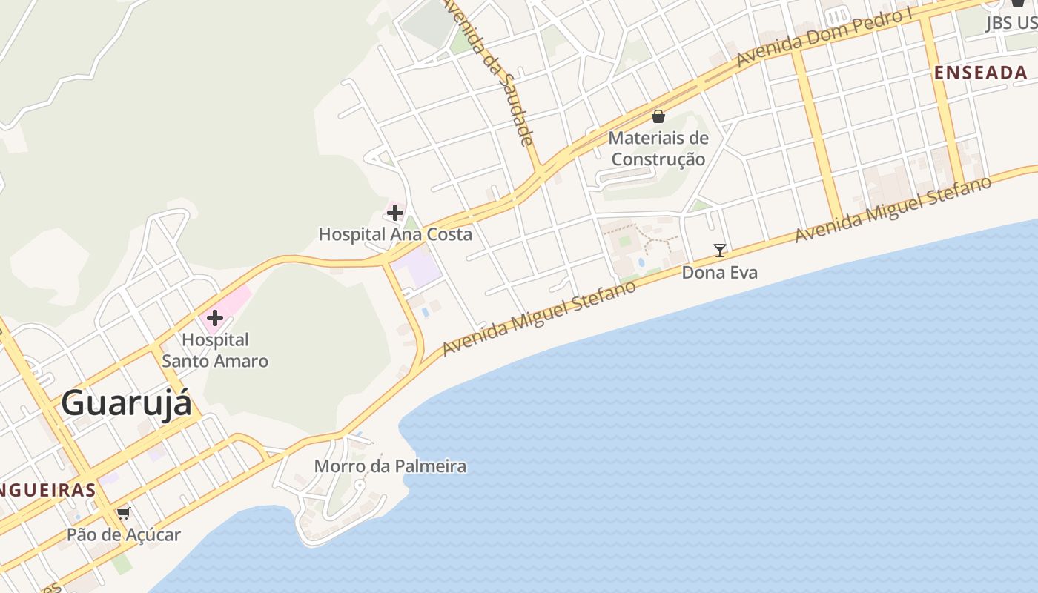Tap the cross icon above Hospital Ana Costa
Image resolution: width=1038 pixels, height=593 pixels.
point(395,213)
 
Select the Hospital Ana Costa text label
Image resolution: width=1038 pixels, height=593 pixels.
point(395,234)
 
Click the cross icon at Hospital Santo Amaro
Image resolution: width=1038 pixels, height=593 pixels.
point(215,319)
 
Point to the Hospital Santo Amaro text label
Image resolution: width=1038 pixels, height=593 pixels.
point(215,351)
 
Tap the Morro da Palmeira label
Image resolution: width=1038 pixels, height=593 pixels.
point(390,466)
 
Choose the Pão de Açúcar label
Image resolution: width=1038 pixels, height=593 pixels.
point(124,534)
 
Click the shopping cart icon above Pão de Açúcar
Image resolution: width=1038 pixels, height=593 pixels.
point(124,513)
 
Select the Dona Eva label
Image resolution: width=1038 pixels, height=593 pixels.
point(719,273)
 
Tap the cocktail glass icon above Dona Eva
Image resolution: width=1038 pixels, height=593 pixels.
point(719,251)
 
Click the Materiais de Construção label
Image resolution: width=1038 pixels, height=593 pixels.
point(658,148)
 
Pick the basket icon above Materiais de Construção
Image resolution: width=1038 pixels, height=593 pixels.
point(658,116)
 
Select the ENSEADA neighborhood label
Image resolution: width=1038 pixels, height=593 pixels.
point(981,73)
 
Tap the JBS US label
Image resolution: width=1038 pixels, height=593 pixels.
point(1011,23)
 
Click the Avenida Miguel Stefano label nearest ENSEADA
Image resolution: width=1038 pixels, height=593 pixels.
point(893,210)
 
